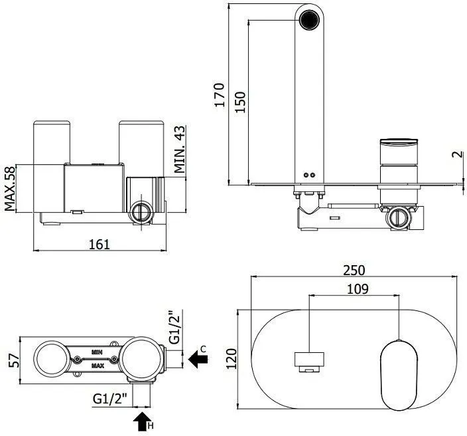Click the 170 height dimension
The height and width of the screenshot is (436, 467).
pos(219,94)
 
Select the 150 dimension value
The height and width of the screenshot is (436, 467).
pos(240,102)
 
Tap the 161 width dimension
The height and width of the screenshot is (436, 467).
pos(100,245)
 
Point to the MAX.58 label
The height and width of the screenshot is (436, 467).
pos(10,189)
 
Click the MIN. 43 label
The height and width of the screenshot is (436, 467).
pos(180,150)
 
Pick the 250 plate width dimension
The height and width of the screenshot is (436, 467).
pos(354,271)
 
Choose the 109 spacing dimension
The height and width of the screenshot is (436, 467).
pos(358,289)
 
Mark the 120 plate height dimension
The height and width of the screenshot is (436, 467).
pos(232,359)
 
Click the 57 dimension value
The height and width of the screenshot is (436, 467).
pos(14,360)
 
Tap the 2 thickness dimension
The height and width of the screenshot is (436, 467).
pos(458,154)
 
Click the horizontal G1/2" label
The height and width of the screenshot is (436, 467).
pos(110,399)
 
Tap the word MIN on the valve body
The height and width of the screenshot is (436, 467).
pos(97,352)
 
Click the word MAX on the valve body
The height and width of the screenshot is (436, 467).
pos(98,366)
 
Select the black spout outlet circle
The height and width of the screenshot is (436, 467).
pos(309,20)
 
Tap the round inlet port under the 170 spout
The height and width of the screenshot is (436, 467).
pos(399,218)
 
